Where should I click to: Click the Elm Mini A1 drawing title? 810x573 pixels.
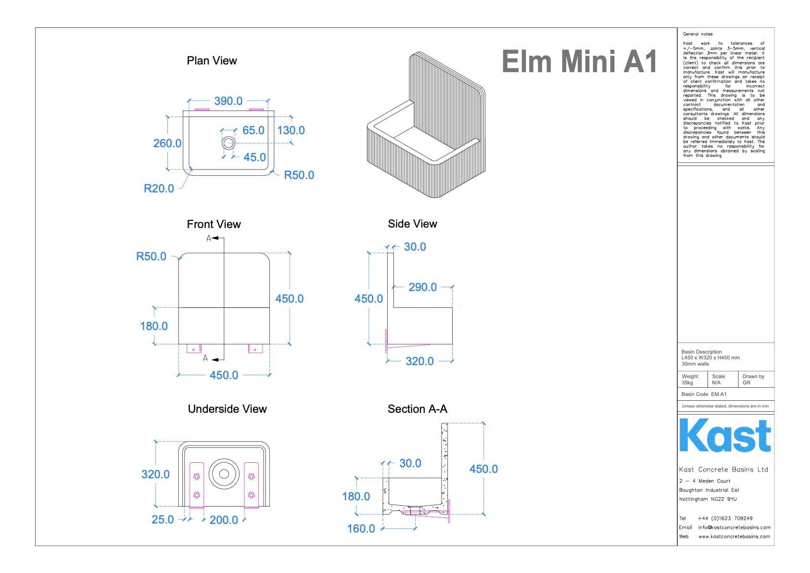pyautogui.click(x=579, y=62)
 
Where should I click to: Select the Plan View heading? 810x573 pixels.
pyautogui.click(x=212, y=61)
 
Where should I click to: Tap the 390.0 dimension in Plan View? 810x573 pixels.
pyautogui.click(x=228, y=101)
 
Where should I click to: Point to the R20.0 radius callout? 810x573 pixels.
pyautogui.click(x=159, y=189)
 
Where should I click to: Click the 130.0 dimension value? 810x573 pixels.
pyautogui.click(x=291, y=130)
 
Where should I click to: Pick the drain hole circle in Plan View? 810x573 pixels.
pyautogui.click(x=228, y=142)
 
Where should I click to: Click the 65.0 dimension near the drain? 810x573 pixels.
pyautogui.click(x=253, y=130)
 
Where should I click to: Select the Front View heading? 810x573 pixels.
pyautogui.click(x=214, y=224)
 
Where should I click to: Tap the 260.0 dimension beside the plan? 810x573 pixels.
pyautogui.click(x=167, y=143)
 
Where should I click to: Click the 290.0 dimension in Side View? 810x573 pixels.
pyautogui.click(x=422, y=287)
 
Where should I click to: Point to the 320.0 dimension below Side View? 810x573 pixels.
pyautogui.click(x=419, y=361)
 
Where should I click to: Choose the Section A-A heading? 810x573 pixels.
pyautogui.click(x=417, y=409)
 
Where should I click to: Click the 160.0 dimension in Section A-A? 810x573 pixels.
pyautogui.click(x=361, y=529)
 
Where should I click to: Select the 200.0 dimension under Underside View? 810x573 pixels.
pyautogui.click(x=224, y=520)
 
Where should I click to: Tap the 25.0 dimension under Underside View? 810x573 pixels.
pyautogui.click(x=163, y=520)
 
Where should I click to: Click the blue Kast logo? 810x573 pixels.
pyautogui.click(x=724, y=436)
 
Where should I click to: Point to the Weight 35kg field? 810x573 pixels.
pyautogui.click(x=690, y=380)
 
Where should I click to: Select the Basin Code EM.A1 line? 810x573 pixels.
pyautogui.click(x=704, y=394)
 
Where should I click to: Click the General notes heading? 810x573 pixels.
pyautogui.click(x=697, y=34)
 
